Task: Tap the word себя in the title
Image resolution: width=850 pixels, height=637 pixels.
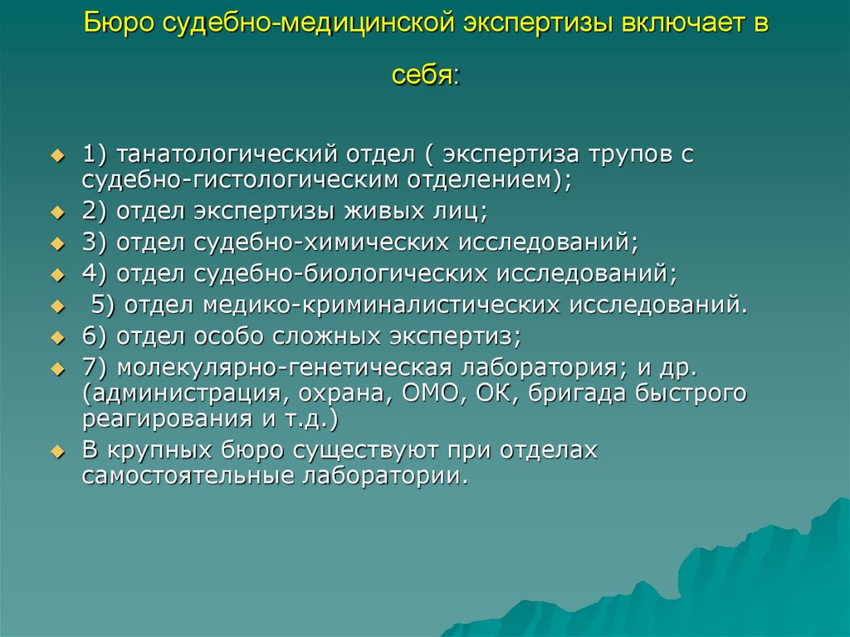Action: coord(423,75)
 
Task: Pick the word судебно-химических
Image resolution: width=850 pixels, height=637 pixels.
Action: coord(321,242)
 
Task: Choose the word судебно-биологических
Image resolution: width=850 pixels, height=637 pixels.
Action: coord(341,273)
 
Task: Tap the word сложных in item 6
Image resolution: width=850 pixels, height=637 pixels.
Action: coord(325,336)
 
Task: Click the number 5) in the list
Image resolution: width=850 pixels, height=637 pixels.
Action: coord(103,305)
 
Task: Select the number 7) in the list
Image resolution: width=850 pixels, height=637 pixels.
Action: coord(95,368)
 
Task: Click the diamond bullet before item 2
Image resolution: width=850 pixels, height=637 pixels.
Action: coord(57,212)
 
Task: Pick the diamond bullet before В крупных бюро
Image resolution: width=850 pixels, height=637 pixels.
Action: coord(57,452)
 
